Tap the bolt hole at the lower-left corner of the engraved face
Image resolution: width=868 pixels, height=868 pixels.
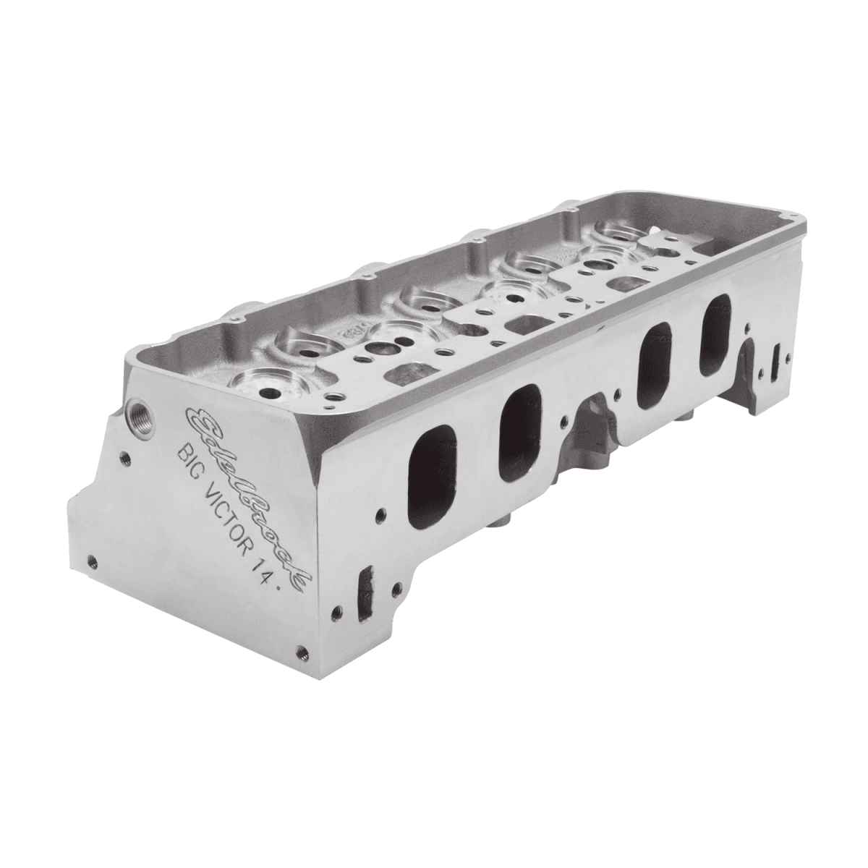point(90,559)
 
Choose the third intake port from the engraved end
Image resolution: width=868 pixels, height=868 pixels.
point(654,365)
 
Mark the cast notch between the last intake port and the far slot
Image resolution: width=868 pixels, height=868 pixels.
point(749,357)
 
